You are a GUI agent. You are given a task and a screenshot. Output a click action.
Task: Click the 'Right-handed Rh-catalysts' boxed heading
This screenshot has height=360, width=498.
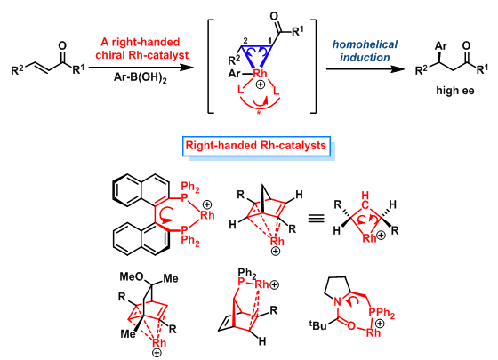tap(256, 146)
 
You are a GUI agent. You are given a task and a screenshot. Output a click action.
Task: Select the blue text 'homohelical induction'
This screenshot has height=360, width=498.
tap(365, 51)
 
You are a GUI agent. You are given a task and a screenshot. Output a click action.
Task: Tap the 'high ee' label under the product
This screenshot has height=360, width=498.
tap(454, 91)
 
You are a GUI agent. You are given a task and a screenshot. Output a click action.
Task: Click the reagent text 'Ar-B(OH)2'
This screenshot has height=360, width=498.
tap(141, 78)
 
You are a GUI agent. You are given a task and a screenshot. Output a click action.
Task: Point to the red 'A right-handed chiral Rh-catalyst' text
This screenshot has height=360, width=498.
tap(141, 48)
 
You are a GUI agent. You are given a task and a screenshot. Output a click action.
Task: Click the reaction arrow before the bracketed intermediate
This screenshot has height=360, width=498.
tap(141, 68)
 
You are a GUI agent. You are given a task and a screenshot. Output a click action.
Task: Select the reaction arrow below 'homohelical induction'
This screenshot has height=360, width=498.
tap(365, 69)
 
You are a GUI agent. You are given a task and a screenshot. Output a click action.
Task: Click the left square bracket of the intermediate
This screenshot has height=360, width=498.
tap(211, 67)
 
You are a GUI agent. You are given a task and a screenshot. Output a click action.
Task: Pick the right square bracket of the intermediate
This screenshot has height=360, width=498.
tap(313, 67)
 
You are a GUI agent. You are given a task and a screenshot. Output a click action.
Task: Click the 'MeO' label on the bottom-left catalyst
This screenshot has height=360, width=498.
tap(132, 276)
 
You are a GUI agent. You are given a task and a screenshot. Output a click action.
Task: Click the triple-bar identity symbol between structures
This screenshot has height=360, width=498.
tap(316, 218)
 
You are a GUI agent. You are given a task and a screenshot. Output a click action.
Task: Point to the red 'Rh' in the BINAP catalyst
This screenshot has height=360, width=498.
tap(207, 215)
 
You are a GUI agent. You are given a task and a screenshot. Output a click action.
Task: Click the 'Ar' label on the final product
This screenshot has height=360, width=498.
tap(441, 46)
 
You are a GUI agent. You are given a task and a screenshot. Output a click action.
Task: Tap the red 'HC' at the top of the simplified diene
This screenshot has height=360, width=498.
tap(365, 200)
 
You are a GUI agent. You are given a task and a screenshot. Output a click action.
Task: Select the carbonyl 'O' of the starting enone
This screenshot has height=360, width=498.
tap(62, 45)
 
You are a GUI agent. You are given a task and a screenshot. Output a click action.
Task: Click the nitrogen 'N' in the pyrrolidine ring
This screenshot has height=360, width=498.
tap(338, 300)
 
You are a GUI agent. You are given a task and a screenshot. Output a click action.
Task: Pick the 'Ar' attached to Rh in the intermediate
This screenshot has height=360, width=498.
tap(235, 74)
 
